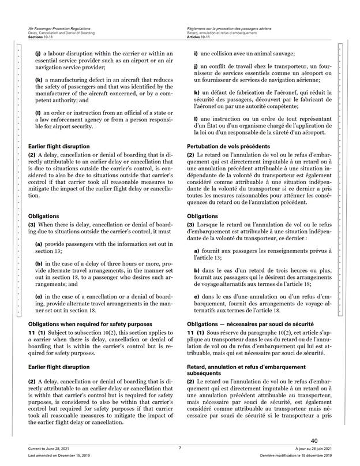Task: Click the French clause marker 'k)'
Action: pyautogui.click(x=197, y=92)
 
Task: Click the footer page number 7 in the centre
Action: pyautogui.click(x=179, y=448)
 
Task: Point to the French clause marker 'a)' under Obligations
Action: pyautogui.click(x=197, y=249)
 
